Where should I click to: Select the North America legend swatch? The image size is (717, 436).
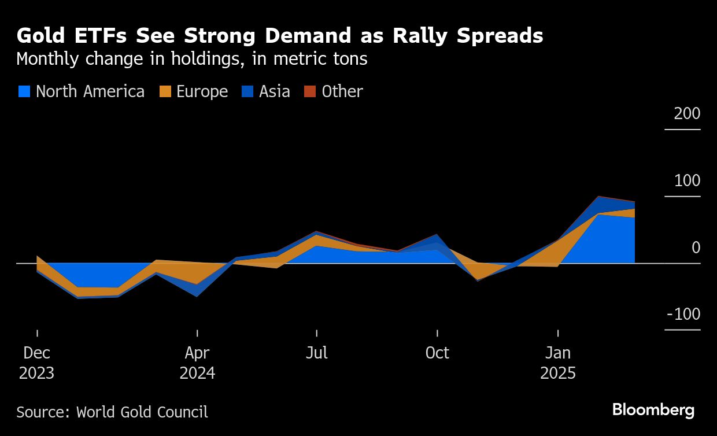coord(24,91)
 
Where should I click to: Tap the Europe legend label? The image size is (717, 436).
coord(202,91)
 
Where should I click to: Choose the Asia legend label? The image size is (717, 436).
coord(274,91)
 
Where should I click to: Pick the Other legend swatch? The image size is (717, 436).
coord(311,91)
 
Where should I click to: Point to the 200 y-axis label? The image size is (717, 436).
coord(687,113)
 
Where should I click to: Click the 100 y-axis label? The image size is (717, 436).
coord(687,180)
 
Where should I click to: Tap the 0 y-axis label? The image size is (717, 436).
coord(696,247)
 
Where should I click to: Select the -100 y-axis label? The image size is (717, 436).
coord(683,314)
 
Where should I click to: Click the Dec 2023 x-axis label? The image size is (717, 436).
coord(37,363)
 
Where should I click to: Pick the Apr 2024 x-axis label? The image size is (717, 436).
coord(197,363)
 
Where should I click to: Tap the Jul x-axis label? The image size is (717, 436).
coord(316,353)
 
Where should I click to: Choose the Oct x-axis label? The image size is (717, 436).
coord(437,353)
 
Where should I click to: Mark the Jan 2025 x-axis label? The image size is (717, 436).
coord(558,363)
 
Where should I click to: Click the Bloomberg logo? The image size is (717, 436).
coord(653,410)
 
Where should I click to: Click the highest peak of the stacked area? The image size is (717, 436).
coord(598,197)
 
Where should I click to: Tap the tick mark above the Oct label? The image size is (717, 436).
coord(437,333)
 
